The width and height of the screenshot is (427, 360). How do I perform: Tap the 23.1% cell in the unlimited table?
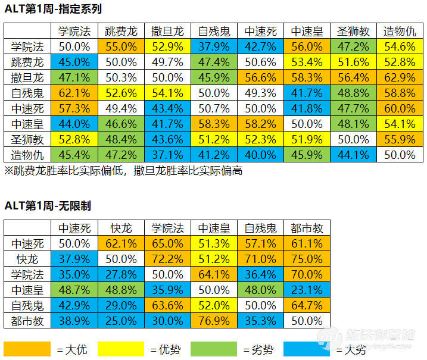pos(307,290)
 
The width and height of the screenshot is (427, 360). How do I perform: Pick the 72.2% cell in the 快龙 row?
pos(167,259)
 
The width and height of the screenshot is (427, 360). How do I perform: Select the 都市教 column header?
pos(307,227)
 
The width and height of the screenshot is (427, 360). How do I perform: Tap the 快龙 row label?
pos(27,259)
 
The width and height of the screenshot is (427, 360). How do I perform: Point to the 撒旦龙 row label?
pos(27,77)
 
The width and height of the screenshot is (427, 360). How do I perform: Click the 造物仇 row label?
pos(27,155)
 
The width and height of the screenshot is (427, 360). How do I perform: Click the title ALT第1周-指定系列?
pos(52,9)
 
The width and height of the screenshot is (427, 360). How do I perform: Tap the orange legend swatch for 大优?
pos(27,349)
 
